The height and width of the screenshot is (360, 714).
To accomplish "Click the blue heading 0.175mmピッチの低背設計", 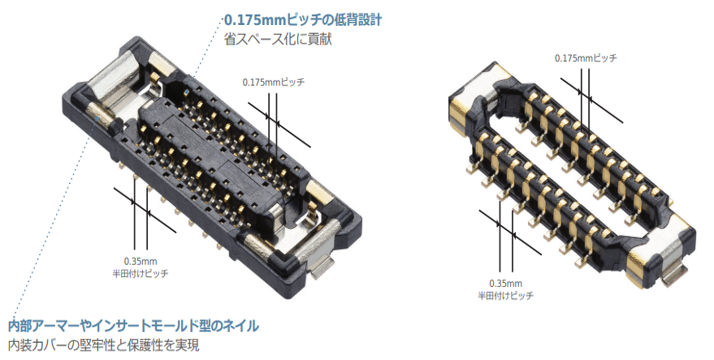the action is point(303,20).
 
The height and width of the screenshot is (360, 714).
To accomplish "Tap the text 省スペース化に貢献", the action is point(278,40).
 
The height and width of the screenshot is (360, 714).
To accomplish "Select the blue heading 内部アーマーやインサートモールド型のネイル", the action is point(134,326).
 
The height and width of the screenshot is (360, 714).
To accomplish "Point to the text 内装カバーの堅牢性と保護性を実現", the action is point(104,345).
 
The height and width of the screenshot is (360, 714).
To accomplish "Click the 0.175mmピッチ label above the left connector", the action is point(274,82).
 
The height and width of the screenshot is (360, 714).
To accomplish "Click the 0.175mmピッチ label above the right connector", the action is point(586,58).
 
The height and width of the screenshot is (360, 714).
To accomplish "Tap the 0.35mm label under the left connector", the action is point(140,261).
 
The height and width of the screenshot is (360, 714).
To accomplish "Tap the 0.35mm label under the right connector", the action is point(506,283).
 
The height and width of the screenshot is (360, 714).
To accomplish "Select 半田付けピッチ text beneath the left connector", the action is point(140,274).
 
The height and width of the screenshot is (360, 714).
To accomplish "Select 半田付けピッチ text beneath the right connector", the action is point(506,295).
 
